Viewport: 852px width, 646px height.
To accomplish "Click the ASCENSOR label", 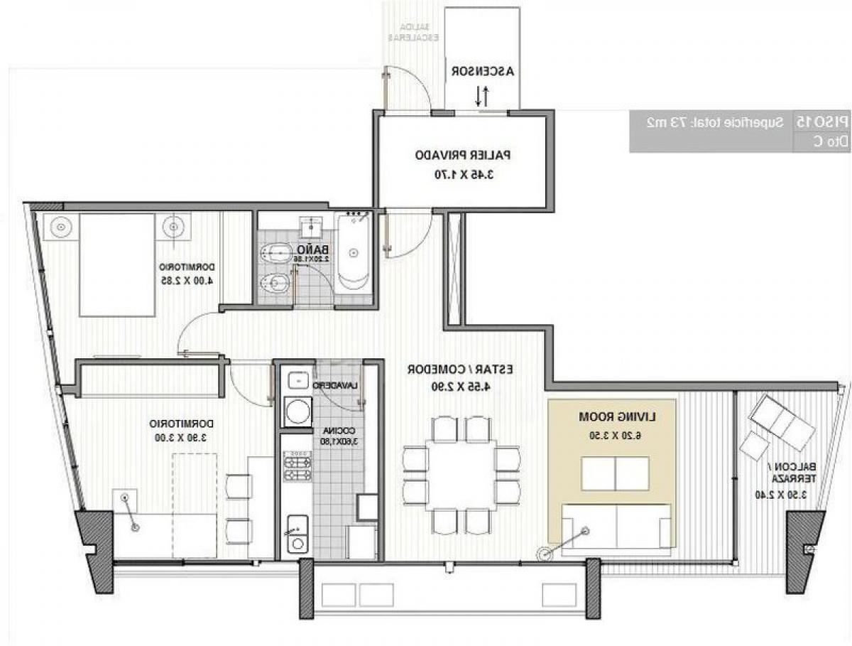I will (482, 72).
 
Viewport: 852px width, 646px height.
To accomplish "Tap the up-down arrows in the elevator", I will (481, 96).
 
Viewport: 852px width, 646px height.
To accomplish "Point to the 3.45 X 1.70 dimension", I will (463, 173).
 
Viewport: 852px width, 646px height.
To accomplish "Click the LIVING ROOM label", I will (612, 416).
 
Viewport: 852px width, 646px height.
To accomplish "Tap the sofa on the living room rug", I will (616, 526).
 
